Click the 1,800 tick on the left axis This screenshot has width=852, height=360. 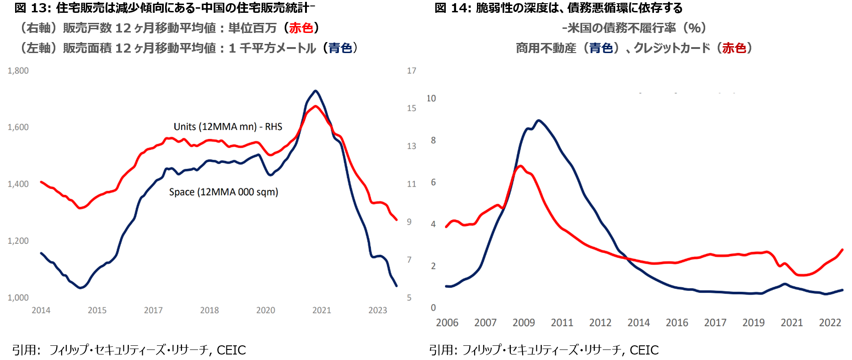[x=18, y=71]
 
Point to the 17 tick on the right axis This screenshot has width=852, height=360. [x=412, y=71]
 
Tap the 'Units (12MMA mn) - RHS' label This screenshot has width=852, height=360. [x=228, y=127]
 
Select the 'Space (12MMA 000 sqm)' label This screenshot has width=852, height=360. [x=224, y=192]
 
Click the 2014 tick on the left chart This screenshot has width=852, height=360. [x=41, y=311]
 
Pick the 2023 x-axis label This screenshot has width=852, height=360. [x=378, y=311]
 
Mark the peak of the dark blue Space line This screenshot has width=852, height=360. [x=316, y=91]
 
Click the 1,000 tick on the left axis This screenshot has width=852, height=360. [x=18, y=298]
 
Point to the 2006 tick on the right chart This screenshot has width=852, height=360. [x=447, y=323]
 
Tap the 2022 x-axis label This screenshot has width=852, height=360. [x=830, y=323]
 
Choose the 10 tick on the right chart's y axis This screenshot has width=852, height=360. [x=431, y=98]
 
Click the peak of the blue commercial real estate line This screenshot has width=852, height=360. [x=539, y=120]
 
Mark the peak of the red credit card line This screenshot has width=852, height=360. [x=520, y=166]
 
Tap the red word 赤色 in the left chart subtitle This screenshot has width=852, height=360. [x=301, y=28]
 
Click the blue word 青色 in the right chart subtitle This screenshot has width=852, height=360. [x=601, y=48]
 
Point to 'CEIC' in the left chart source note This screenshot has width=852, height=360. [x=231, y=350]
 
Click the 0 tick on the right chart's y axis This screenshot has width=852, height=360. [x=433, y=308]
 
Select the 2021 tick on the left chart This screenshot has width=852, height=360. [x=322, y=311]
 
